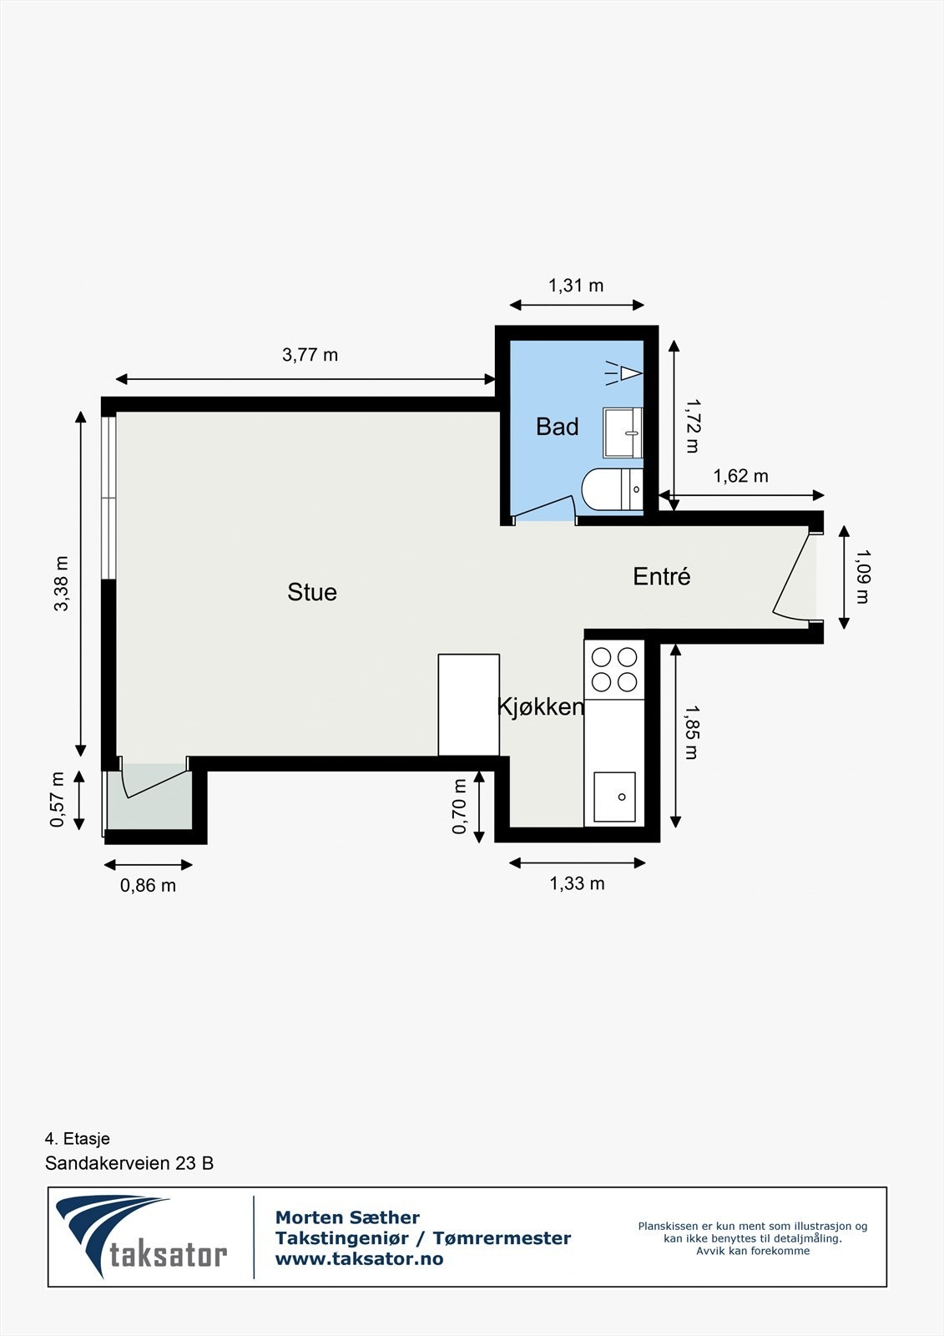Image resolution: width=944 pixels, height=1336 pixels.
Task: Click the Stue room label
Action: point(312,592)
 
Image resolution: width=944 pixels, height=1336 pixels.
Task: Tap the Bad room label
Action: point(557,427)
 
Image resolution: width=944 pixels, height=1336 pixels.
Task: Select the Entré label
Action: point(661,576)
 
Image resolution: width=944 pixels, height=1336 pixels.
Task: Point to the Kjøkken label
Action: point(540,706)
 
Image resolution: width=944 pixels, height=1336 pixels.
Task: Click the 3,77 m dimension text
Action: point(310,355)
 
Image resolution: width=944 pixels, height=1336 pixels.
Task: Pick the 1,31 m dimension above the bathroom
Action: point(575,286)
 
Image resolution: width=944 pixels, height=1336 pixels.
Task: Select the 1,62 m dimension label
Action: point(740,476)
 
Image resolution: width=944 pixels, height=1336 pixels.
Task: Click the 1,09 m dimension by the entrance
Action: point(862,576)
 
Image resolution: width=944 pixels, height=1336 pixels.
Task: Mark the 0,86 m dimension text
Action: point(148,885)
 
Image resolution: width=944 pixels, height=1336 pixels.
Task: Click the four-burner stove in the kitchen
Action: point(614,669)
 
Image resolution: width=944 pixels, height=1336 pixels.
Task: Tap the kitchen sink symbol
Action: point(614,797)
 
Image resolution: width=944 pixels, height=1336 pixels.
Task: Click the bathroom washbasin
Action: point(623,433)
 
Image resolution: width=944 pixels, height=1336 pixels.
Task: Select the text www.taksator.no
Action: point(359,1259)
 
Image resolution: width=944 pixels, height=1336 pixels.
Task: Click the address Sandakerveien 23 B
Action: point(129,1163)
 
